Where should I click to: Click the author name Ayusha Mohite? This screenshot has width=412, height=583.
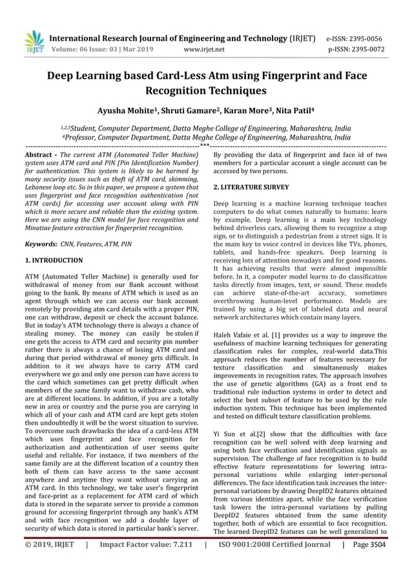[127, 111]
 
